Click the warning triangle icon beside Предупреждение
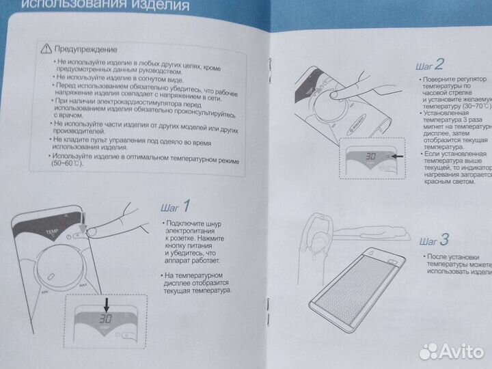point(46,49)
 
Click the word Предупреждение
point(86,49)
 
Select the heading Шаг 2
point(429,65)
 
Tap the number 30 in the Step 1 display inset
point(104,319)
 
